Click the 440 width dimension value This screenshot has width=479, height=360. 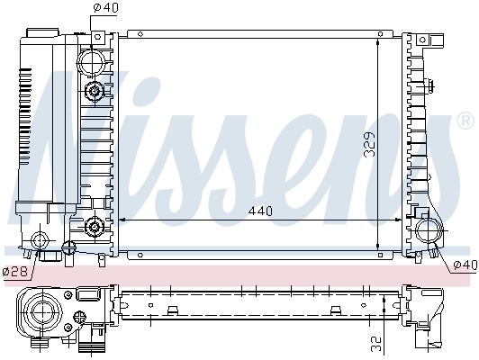[x=259, y=212]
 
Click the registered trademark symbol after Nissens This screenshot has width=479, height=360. [x=465, y=120]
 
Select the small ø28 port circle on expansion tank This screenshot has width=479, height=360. [x=39, y=240]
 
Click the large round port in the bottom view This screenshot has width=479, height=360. [x=41, y=313]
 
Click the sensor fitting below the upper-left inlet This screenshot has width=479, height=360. [x=94, y=92]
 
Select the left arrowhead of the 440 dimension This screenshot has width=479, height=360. [x=123, y=220]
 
